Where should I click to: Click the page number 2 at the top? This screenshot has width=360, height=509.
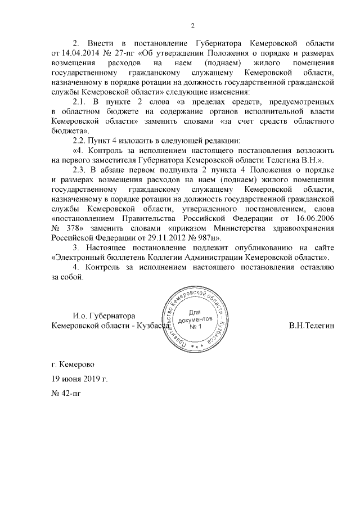[192, 25]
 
